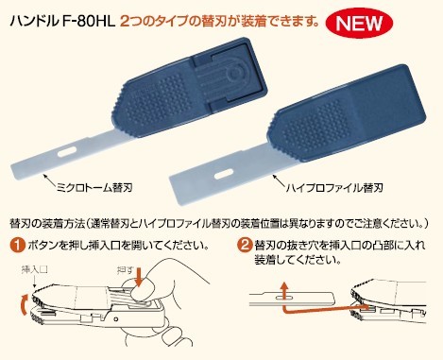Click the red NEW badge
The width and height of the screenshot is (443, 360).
click(359, 23)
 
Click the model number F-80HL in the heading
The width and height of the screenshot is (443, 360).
click(88, 23)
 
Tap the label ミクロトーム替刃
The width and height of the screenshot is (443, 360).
click(94, 188)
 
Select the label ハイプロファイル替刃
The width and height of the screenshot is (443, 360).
click(334, 188)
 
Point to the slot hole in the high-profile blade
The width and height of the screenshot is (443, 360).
click(224, 174)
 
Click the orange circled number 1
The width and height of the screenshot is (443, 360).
click(18, 246)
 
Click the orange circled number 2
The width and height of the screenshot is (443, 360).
click(245, 245)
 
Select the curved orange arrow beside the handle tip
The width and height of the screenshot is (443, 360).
click(23, 304)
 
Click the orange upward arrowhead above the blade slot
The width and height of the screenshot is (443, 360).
click(284, 286)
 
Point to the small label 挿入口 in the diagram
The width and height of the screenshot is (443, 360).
click(34, 270)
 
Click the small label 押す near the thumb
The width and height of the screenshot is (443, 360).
click(125, 270)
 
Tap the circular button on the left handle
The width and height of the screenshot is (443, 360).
click(234, 74)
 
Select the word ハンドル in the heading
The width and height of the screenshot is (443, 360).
click(34, 23)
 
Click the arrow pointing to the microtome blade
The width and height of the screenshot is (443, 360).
click(50, 180)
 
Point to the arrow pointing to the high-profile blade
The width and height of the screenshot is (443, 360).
click(279, 180)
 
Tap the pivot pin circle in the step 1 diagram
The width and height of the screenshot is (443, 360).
click(116, 319)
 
